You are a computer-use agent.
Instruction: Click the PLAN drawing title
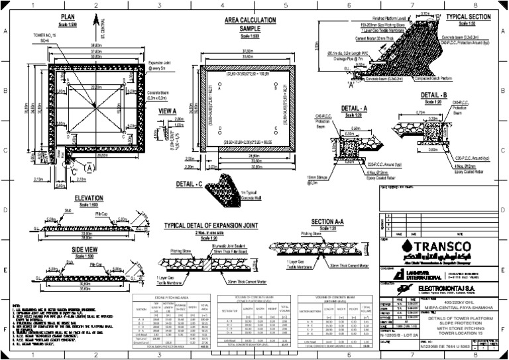click(68, 17)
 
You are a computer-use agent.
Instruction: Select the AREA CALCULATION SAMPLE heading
click(250, 23)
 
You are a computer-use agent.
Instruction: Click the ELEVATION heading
click(88, 198)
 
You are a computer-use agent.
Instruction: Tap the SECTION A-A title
click(327, 221)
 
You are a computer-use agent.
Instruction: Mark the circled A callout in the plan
click(89, 168)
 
